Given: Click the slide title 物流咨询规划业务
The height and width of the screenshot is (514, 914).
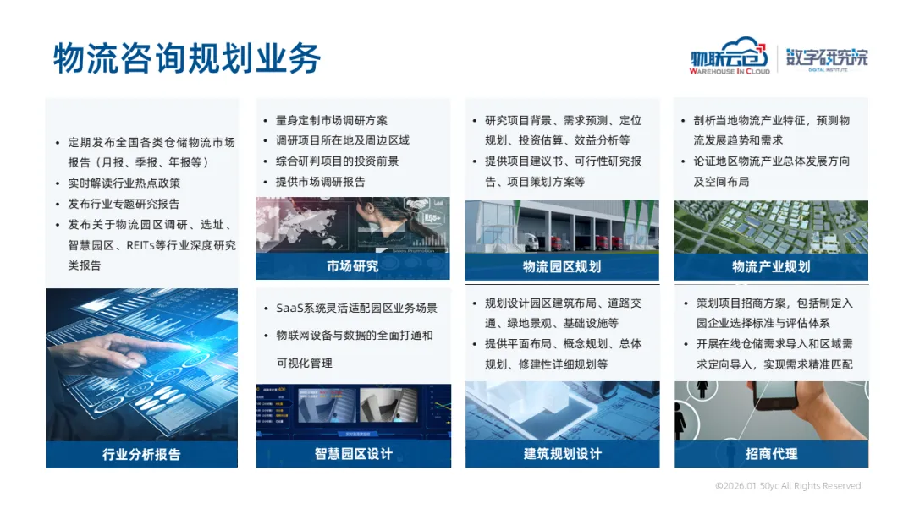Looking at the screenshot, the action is [x=187, y=58].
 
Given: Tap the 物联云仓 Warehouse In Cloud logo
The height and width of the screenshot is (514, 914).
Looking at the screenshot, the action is [x=730, y=57].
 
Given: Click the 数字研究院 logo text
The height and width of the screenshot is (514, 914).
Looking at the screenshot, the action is [x=827, y=59].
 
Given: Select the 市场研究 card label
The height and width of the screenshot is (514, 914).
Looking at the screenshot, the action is [x=353, y=266].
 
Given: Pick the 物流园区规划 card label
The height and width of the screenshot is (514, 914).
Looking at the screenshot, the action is [x=562, y=266].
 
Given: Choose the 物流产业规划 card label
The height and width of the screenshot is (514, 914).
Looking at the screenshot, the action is [x=771, y=266].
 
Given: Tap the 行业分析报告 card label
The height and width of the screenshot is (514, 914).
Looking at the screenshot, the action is [x=141, y=454].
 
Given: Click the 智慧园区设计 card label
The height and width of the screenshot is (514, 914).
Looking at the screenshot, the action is [x=353, y=453].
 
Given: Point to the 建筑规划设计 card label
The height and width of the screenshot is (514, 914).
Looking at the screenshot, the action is [x=563, y=453].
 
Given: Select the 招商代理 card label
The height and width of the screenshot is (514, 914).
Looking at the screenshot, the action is [x=771, y=453].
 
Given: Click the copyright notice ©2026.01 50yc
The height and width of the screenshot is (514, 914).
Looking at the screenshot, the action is [x=788, y=485].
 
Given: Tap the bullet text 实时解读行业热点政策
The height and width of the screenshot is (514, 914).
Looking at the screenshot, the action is [x=124, y=183].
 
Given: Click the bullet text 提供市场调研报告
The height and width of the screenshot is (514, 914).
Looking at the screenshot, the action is [x=320, y=182].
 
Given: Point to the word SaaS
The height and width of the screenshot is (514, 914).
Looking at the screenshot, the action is [x=290, y=308].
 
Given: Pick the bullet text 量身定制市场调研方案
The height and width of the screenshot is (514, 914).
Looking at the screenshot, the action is [x=331, y=121].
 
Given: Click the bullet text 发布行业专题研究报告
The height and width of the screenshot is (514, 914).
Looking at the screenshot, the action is [x=124, y=204].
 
